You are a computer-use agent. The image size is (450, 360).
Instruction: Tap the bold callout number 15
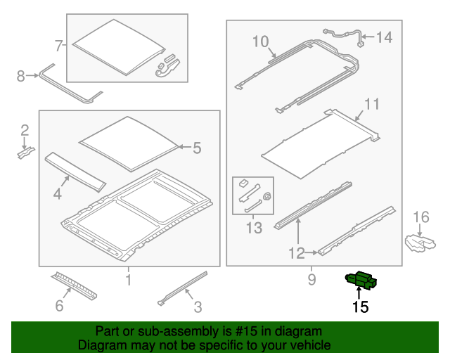360,307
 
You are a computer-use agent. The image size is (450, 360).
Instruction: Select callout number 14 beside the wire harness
384,37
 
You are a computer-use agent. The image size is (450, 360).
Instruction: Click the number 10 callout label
261,41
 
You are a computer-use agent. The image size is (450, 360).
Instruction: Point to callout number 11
372,104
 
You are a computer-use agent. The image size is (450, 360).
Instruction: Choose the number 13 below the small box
254,228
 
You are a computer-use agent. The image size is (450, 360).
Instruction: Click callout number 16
421,217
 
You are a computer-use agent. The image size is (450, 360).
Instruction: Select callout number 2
25,130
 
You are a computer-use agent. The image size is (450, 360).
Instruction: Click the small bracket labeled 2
26,153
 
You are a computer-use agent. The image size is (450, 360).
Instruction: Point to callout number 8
20,76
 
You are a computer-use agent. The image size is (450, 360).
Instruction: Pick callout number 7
58,46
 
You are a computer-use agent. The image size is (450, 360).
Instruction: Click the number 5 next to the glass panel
197,148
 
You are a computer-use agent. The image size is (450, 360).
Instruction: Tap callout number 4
58,194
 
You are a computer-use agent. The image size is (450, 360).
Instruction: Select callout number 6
59,305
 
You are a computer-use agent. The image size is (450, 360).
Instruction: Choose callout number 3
198,307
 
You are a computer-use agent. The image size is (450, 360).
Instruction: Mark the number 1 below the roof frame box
129,280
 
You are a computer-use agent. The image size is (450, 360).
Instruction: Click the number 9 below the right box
311,280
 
